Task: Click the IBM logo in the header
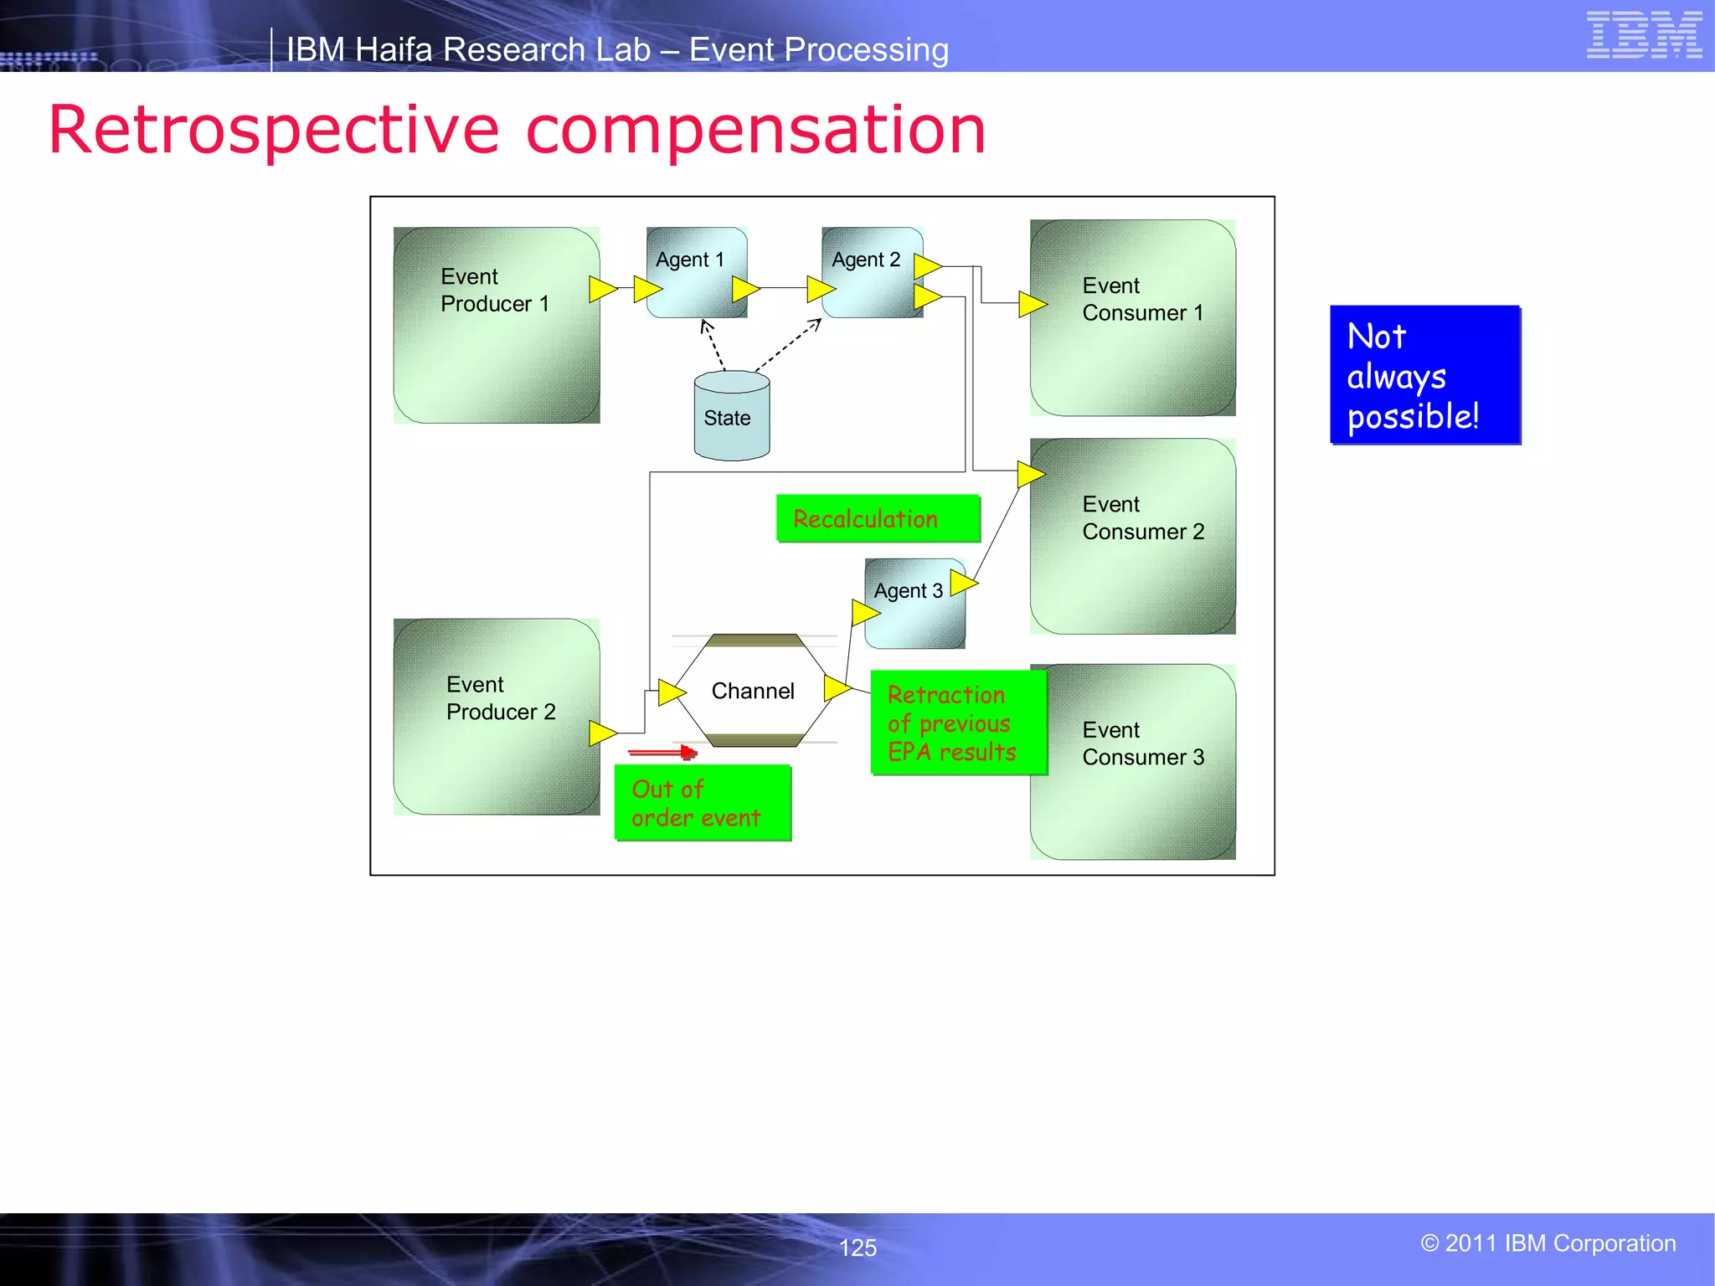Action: coord(1643,35)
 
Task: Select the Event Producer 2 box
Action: coord(496,717)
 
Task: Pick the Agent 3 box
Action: coord(914,604)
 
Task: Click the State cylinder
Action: coord(731,417)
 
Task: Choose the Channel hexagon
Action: coord(752,691)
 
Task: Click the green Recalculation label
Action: coord(877,519)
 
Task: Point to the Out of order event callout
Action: coord(702,803)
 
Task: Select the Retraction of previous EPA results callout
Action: coord(957,723)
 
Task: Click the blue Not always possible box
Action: coord(1424,375)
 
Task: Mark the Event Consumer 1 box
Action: coord(1132,318)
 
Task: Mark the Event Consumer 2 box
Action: coord(1132,536)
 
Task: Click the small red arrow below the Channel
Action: coord(662,753)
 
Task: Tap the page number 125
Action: coord(857,1247)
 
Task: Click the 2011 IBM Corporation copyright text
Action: coord(1548,1243)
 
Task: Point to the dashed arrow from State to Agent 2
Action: coord(787,345)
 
